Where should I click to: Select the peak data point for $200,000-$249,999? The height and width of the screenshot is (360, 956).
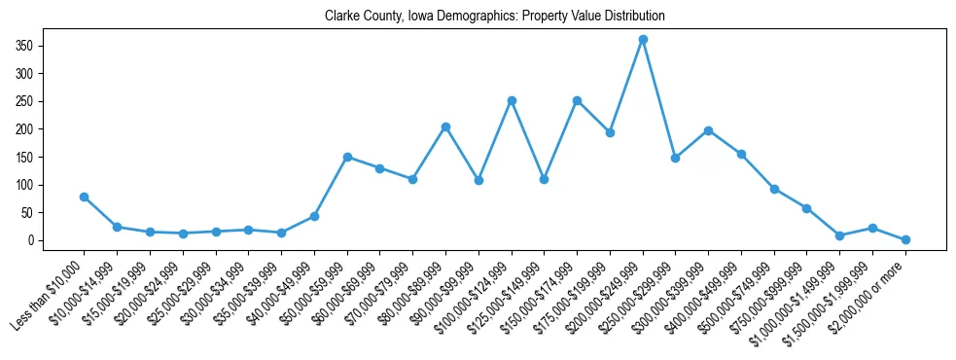[643, 39]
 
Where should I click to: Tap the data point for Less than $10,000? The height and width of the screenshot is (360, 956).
[85, 197]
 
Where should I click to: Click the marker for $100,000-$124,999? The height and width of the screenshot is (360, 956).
[512, 100]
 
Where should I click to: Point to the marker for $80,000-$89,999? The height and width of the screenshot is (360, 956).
[445, 126]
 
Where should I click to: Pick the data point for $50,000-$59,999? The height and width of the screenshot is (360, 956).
[347, 157]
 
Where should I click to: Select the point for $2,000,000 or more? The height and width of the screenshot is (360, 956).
[905, 239]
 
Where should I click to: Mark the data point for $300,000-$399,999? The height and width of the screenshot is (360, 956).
[708, 130]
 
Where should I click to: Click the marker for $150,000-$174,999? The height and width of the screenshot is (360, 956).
[577, 100]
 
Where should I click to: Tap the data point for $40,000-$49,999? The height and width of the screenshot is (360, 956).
[314, 216]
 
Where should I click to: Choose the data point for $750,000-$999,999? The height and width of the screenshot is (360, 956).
[806, 208]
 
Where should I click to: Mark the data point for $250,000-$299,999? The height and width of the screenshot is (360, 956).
[675, 158]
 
